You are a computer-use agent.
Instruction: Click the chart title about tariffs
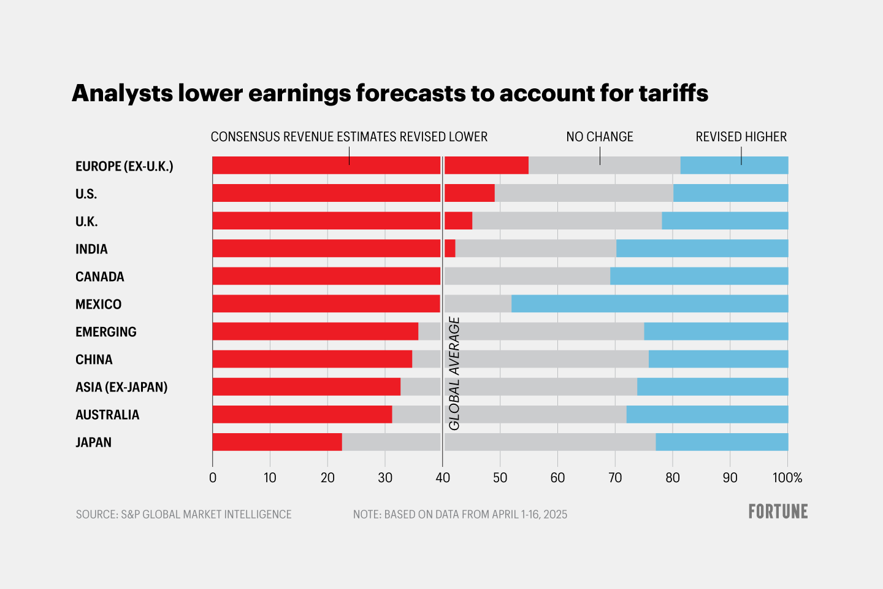pyautogui.click(x=390, y=93)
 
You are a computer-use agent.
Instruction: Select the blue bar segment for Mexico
pyautogui.click(x=649, y=304)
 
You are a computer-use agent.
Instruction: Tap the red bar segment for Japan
pyautogui.click(x=277, y=442)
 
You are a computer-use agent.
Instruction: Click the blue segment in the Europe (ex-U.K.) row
pyautogui.click(x=734, y=165)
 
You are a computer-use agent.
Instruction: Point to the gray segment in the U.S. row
pyautogui.click(x=584, y=193)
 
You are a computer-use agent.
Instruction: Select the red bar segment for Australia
pyautogui.click(x=302, y=414)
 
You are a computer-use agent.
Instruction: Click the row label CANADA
pyautogui.click(x=100, y=277)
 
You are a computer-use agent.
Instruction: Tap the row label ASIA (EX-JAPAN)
pyautogui.click(x=121, y=387)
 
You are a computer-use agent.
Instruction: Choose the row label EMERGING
pyautogui.click(x=106, y=332)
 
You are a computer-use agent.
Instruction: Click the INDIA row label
pyautogui.click(x=91, y=249)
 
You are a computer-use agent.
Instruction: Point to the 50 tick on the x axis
pyautogui.click(x=500, y=478)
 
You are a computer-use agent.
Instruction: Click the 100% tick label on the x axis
pyautogui.click(x=787, y=478)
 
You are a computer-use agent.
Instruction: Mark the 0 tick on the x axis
pyautogui.click(x=213, y=478)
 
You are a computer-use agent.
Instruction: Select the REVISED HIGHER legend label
pyautogui.click(x=741, y=137)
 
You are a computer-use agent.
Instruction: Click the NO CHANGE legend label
pyautogui.click(x=599, y=137)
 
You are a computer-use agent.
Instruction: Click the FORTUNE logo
pyautogui.click(x=778, y=512)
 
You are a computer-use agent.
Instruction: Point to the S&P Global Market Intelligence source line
pyautogui.click(x=184, y=514)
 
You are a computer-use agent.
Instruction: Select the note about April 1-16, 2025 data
pyautogui.click(x=460, y=514)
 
